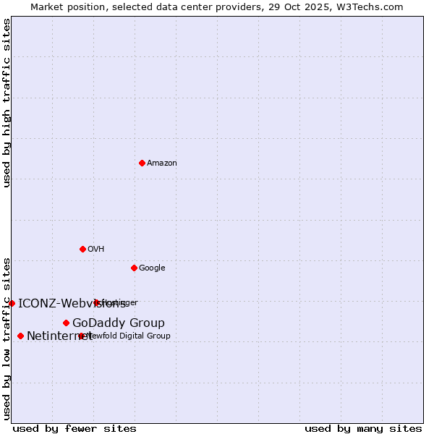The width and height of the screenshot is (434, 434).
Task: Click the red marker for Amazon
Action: [142, 163]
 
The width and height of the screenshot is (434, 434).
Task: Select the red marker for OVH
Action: [82, 249]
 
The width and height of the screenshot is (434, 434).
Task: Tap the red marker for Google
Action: [134, 268]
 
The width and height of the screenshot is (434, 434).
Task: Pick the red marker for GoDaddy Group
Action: [66, 323]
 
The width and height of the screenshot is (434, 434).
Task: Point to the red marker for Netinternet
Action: [20, 336]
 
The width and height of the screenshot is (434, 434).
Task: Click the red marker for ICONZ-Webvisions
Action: [12, 303]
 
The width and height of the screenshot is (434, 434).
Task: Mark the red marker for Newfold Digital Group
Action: [81, 336]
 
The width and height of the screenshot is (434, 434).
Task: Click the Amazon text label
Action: [162, 163]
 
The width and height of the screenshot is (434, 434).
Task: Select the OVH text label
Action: [96, 249]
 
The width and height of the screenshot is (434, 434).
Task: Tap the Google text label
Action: [152, 268]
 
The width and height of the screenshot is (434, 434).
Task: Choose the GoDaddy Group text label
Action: [119, 323]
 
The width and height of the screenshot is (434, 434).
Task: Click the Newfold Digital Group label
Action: [128, 336]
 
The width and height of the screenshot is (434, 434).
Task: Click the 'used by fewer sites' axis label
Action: [75, 428]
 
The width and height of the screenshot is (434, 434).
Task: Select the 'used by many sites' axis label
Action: [363, 428]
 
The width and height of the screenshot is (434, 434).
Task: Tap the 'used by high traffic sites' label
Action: [7, 103]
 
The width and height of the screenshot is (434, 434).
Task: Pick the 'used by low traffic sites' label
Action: [7, 339]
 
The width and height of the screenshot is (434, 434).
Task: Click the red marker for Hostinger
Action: [96, 302]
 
